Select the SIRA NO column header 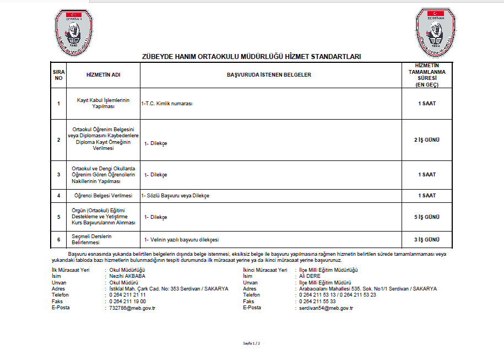point(58,74)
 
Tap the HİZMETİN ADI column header point(103,74)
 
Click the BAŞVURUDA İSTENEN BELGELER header point(269,74)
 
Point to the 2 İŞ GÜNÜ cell point(426,140)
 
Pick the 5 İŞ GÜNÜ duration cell point(426,217)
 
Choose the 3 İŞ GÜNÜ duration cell point(426,240)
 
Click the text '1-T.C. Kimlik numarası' point(167,104)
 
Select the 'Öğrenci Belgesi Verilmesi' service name point(103,196)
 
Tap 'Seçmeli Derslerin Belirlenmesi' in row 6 point(93,239)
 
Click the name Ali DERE point(310,276)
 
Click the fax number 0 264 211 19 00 point(127,302)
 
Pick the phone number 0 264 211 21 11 point(127,295)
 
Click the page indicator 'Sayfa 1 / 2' point(252,343)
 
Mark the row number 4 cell point(58,196)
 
